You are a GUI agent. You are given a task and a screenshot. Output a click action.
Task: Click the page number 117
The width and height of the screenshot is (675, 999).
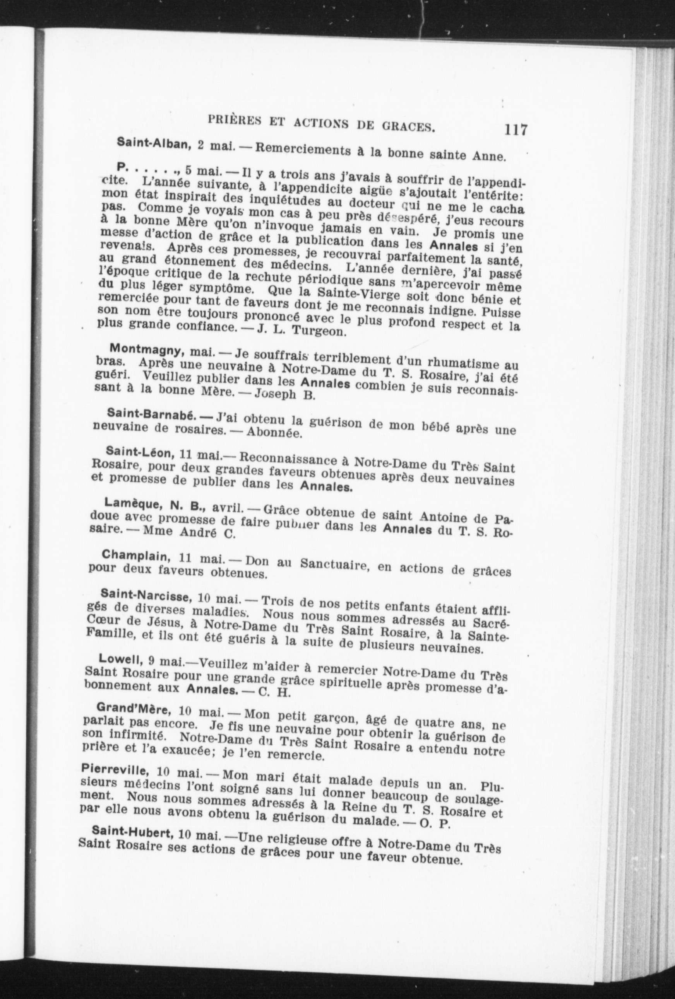516,130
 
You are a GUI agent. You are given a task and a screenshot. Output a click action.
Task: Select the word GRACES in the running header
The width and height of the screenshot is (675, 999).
408,126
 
